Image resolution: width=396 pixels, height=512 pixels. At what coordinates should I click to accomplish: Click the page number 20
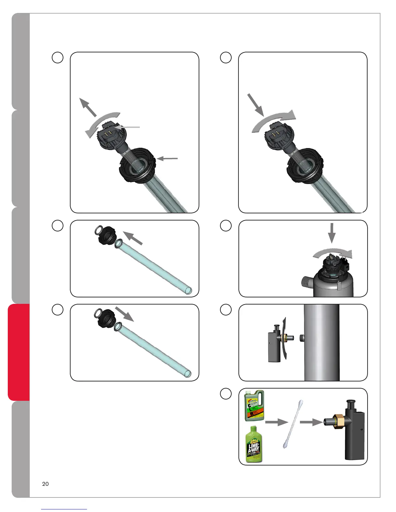click(45, 484)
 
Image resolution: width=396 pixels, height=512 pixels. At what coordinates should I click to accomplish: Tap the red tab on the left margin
click(19, 352)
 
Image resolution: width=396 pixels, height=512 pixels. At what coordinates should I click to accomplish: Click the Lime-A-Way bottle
click(254, 444)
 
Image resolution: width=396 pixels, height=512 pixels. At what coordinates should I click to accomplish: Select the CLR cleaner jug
click(254, 406)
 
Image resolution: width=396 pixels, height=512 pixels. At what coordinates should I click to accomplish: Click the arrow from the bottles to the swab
click(276, 422)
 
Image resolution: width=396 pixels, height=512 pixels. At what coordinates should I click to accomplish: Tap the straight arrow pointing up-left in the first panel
click(88, 107)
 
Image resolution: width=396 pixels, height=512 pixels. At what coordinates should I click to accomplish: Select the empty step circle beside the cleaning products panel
click(226, 394)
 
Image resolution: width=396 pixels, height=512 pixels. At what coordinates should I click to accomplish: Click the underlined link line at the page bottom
click(64, 509)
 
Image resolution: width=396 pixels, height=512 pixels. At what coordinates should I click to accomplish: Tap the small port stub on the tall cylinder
click(301, 338)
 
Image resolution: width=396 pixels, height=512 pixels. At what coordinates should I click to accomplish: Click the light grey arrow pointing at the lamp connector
click(128, 128)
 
